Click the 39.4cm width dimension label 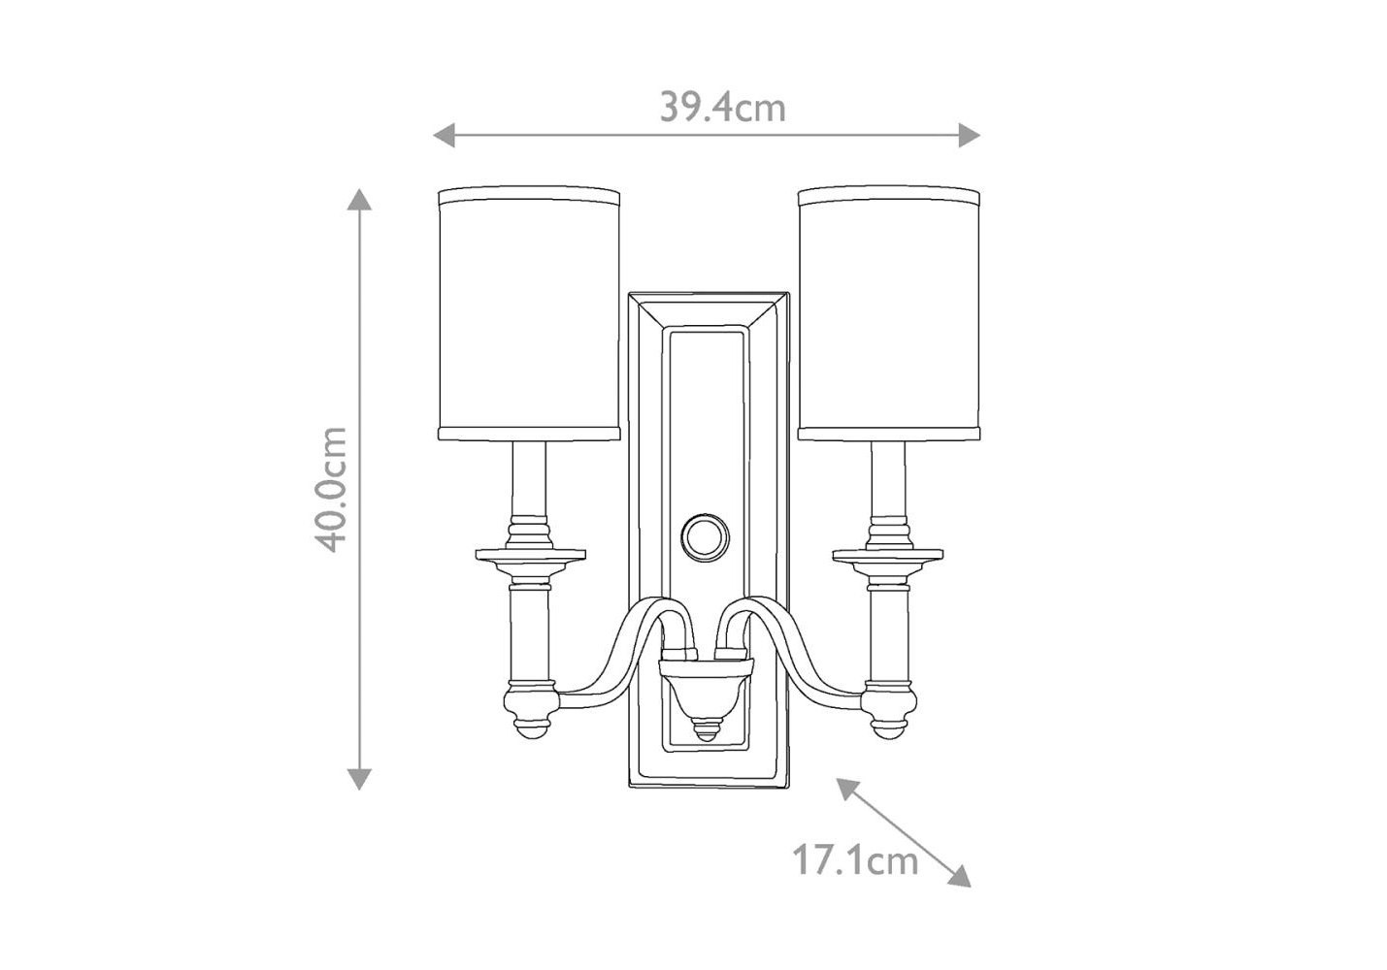[x=722, y=108]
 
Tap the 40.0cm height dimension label [x=330, y=489]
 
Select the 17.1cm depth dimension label [x=855, y=859]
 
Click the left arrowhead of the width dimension [x=444, y=135]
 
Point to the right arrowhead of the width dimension [x=970, y=135]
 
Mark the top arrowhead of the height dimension [x=359, y=199]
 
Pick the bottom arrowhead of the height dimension [x=359, y=780]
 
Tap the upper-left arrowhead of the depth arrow [x=847, y=788]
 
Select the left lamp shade [x=529, y=313]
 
